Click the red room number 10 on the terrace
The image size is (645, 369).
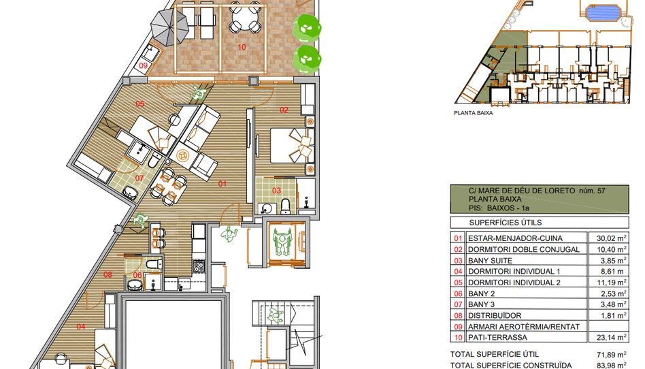coord(242,47)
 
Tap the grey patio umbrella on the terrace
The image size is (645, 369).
coord(169,28)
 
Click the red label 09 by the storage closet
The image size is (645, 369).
coord(143,65)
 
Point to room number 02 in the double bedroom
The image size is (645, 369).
coord(284,110)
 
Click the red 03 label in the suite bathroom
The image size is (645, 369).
coord(276,190)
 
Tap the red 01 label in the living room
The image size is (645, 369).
coord(222,184)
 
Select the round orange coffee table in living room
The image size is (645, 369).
coord(182,156)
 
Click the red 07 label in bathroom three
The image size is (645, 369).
coord(139,178)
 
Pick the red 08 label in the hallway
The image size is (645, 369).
coord(107,274)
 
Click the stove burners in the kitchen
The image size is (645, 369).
coord(199,266)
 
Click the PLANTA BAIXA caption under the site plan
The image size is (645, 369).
coord(473,113)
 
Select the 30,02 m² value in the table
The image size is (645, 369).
coord(611,238)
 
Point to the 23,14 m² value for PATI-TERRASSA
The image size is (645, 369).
coord(611,338)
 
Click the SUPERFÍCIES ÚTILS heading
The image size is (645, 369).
coord(505,223)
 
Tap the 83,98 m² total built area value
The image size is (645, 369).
coord(611,365)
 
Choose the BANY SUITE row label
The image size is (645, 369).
coord(490,261)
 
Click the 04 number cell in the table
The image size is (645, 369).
coord(458,272)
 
